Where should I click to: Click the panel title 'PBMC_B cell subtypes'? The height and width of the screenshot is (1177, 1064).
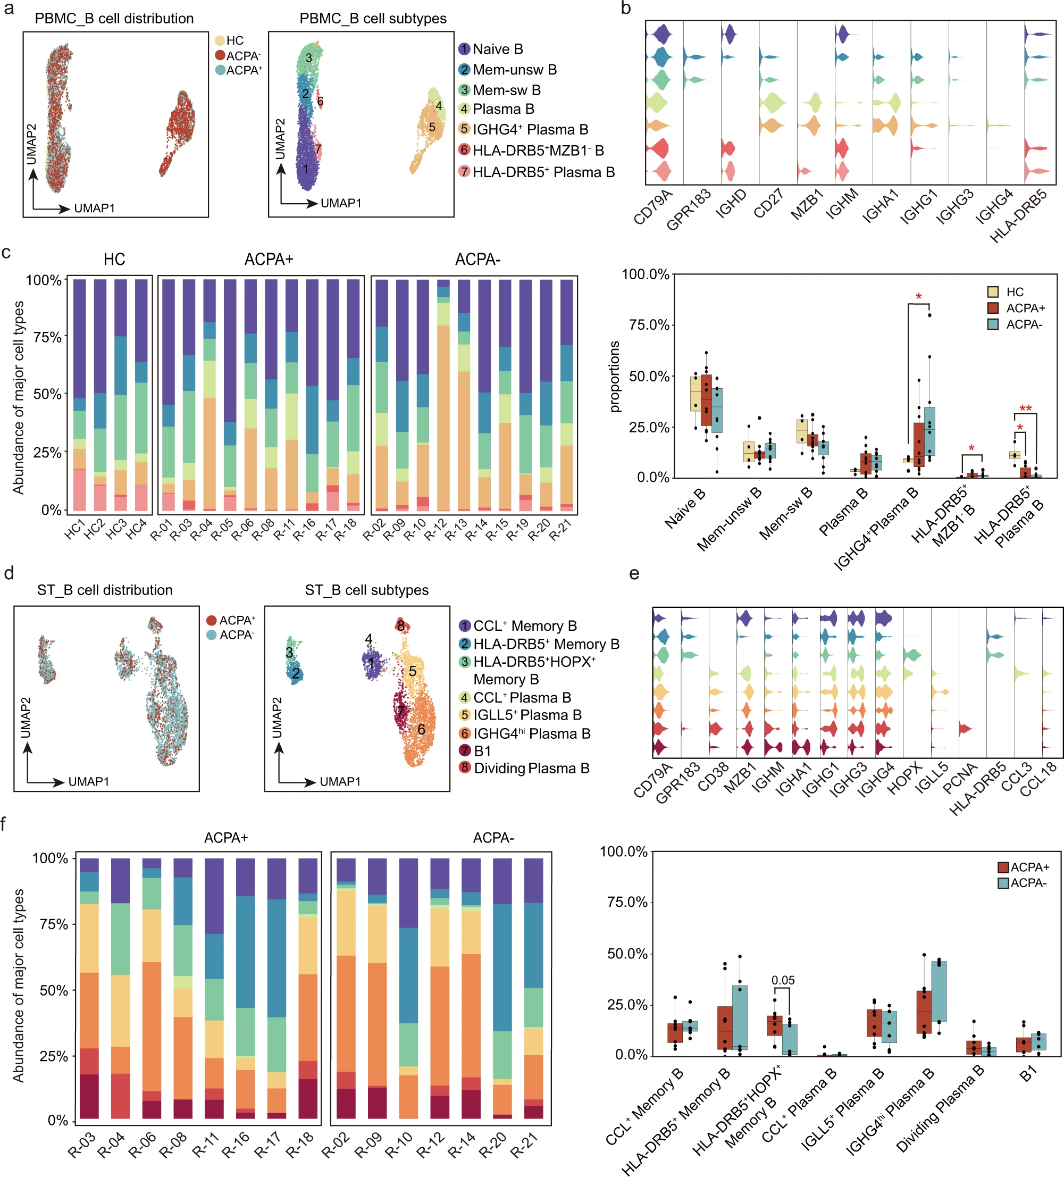click(372, 19)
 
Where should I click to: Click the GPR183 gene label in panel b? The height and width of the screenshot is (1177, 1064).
click(688, 209)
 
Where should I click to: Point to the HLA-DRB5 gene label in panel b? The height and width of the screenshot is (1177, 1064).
click(1018, 215)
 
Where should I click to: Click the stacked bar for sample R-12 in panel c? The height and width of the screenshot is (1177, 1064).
click(443, 397)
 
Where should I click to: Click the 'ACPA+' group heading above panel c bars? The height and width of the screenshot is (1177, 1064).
click(269, 259)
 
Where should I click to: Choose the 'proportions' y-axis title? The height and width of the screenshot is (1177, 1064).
click(615, 377)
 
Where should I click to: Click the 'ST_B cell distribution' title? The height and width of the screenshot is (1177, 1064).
click(105, 590)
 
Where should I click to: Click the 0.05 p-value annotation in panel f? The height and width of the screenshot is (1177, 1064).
click(783, 980)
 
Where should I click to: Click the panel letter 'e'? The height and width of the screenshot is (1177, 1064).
click(634, 573)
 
